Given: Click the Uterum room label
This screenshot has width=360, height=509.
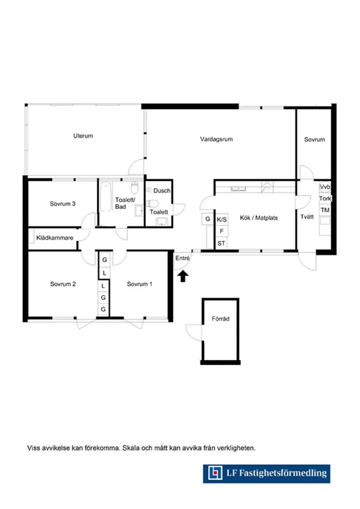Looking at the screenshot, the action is click(83, 136).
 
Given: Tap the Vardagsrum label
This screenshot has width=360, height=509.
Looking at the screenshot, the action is click(216, 139).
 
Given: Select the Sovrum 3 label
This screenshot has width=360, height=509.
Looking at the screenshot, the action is click(63, 204).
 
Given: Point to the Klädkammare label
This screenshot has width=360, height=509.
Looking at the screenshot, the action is click(55, 238).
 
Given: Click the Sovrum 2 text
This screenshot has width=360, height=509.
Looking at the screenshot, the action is click(63, 284).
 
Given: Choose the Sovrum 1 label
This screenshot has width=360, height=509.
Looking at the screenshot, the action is click(139, 284).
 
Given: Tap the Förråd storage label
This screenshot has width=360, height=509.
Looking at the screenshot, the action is click(221, 319).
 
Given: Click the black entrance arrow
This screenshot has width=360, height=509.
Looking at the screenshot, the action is click(183, 276).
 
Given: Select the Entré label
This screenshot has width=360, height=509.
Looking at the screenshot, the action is click(182, 258).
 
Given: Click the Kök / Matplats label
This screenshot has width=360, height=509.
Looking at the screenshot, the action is click(259, 218).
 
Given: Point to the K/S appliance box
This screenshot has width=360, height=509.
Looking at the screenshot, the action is click(222, 219).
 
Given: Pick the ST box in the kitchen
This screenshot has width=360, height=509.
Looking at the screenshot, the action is click(221, 243).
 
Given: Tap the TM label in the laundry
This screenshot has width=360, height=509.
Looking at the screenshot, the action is click(325, 210).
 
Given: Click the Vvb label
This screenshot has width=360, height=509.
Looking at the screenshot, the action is click(325, 187).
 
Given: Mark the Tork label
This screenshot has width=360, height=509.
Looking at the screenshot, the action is click(325, 198).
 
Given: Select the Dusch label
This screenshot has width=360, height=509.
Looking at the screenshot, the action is click(162, 191).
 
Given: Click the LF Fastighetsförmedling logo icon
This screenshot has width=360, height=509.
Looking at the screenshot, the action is click(215, 473).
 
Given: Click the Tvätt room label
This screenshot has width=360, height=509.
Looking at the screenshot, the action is click(307, 217).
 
